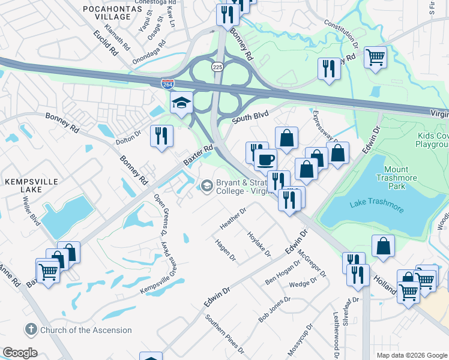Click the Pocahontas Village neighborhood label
point(107,12)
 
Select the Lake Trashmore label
point(377,208)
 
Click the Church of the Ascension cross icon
point(31,329)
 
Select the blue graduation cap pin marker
point(181,103)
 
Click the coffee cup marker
point(265,160)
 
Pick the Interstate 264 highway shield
point(168,85)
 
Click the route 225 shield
point(217,67)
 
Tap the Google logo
point(20,353)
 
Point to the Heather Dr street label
point(233,219)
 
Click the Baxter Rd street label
point(199,155)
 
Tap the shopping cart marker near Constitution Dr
point(375,58)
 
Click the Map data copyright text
point(411,355)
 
